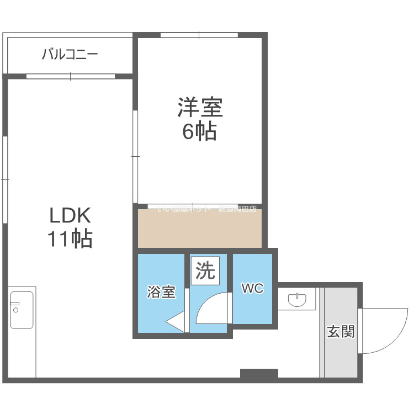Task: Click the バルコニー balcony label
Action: coord(70,54)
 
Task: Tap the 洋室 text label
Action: coord(200,107)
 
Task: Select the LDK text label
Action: coord(70,214)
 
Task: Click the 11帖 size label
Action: coord(70,239)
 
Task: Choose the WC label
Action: coord(252,288)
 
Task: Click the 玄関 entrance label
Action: coord(341,332)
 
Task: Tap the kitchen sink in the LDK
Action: coord(22,310)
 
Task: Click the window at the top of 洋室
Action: coord(199,35)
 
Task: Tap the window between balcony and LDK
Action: coord(70,76)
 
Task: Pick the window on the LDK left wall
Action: coord(4,179)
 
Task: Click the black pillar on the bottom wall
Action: coord(259,374)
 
